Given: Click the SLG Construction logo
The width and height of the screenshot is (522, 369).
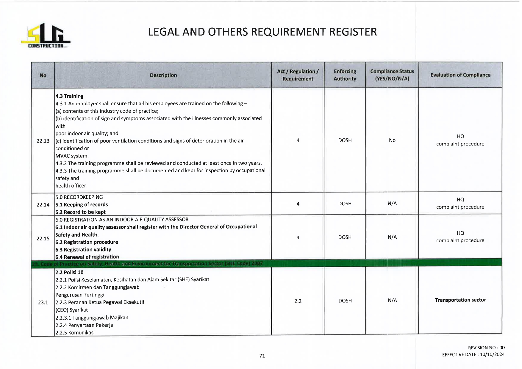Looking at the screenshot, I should click(x=46, y=35).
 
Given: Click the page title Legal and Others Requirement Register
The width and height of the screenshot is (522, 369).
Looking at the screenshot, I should click(x=262, y=32).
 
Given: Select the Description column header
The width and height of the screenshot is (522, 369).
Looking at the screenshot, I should click(x=163, y=75).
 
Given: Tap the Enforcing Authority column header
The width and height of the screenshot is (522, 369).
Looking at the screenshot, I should click(x=345, y=75).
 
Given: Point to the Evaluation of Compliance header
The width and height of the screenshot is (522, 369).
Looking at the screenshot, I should click(x=460, y=75).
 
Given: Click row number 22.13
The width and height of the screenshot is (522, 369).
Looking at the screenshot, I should click(x=43, y=141).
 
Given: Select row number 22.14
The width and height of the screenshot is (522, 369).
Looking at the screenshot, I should click(x=43, y=204).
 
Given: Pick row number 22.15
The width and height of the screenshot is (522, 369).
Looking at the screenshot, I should click(x=43, y=238).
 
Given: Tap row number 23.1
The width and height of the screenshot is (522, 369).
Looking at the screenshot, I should click(x=43, y=302).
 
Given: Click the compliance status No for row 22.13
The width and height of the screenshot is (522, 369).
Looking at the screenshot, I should click(x=392, y=140).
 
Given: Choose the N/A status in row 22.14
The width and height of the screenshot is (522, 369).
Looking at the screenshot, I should click(x=392, y=204).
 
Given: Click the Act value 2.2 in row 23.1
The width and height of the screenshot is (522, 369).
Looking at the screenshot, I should click(x=298, y=301).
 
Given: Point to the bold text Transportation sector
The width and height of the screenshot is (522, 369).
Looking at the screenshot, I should click(x=460, y=300).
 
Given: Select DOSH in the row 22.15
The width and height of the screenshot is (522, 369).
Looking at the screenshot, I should click(x=345, y=237).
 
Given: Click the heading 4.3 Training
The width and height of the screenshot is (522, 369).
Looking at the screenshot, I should click(x=69, y=96).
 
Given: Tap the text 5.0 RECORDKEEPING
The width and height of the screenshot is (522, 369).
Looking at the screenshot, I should click(x=79, y=197).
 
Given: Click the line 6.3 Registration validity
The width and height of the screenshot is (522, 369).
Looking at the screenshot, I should click(x=83, y=249).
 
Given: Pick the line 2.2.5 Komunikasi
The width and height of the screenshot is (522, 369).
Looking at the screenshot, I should click(x=75, y=332).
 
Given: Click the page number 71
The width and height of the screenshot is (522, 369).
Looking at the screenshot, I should click(x=262, y=356).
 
